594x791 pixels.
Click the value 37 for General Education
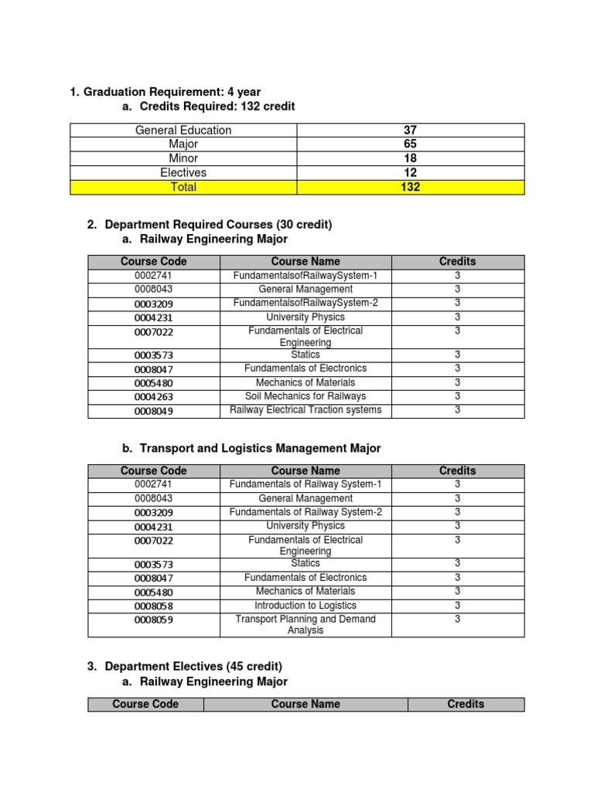click(x=410, y=131)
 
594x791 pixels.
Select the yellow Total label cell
click(x=183, y=187)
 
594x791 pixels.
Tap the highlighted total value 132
click(x=410, y=187)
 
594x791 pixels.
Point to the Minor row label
click(x=183, y=158)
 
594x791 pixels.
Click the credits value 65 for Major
click(x=410, y=144)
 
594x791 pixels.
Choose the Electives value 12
click(x=410, y=173)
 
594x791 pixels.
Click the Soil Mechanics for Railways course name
click(x=306, y=396)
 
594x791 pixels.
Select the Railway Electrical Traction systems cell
click(x=306, y=410)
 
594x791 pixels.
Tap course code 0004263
click(x=154, y=397)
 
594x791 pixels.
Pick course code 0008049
click(x=154, y=411)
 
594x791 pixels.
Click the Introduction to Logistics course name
click(x=306, y=606)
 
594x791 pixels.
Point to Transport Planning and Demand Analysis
click(x=306, y=624)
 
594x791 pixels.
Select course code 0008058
click(x=154, y=606)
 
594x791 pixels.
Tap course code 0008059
click(x=154, y=620)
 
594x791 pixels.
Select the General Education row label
click(x=183, y=131)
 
